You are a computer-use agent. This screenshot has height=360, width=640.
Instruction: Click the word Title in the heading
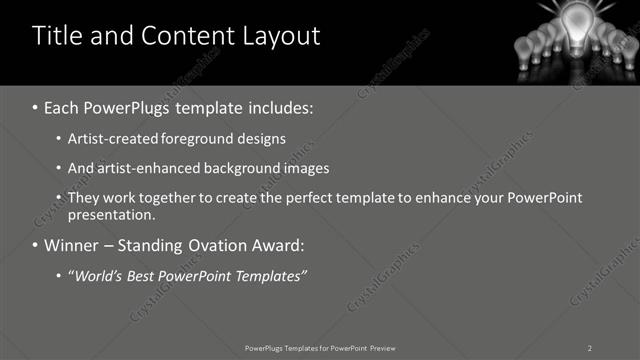coord(56,37)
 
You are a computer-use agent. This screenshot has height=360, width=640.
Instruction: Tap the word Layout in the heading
coord(278,37)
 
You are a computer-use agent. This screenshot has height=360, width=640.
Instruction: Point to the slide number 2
coord(590,348)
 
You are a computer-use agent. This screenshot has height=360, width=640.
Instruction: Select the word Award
coord(276,244)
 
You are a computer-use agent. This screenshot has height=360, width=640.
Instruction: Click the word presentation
coord(111,214)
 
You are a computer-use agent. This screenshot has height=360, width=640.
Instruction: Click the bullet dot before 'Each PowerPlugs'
coord(35,106)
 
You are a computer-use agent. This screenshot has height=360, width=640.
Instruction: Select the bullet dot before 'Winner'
coord(35,245)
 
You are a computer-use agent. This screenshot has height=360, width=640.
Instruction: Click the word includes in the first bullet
coord(280,106)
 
